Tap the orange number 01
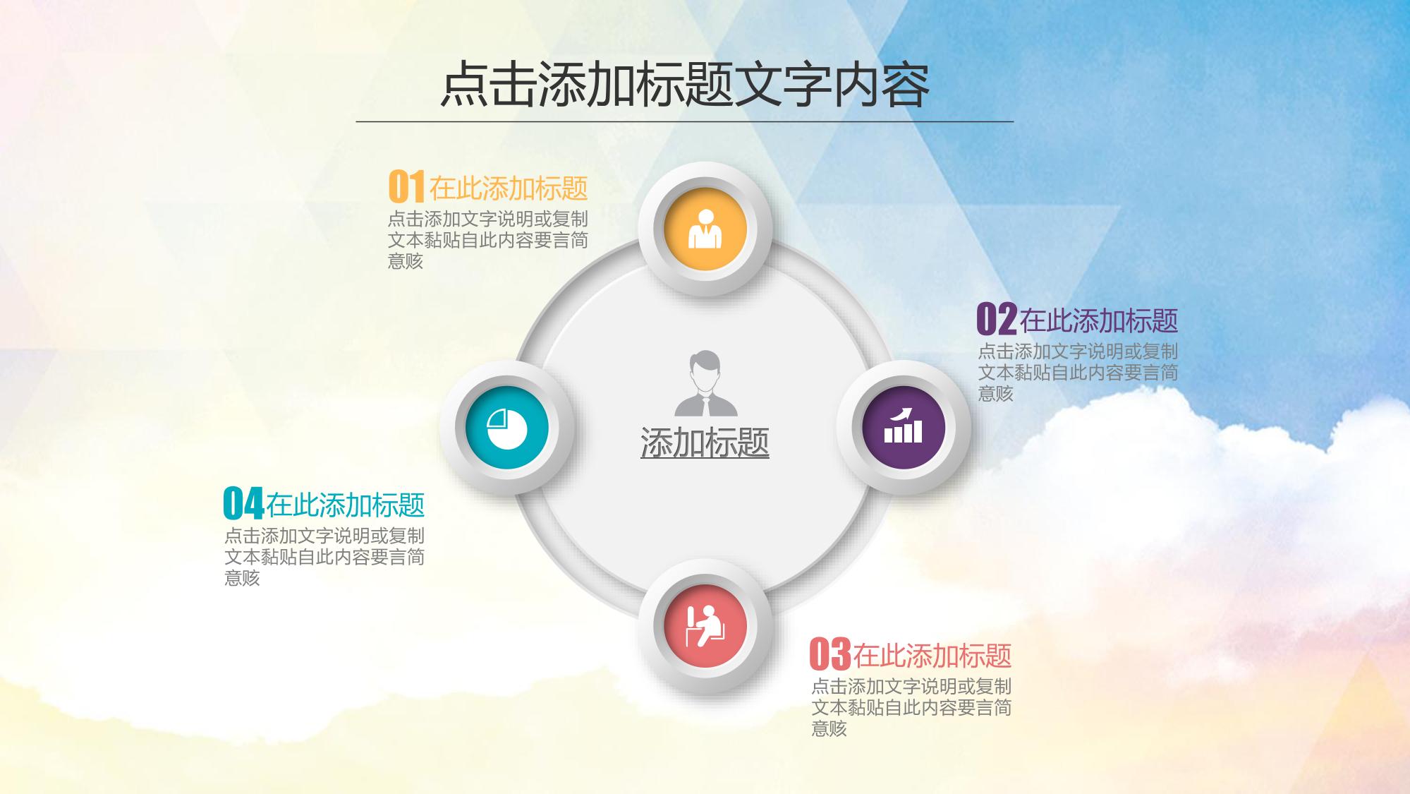tap(407, 187)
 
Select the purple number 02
tap(997, 320)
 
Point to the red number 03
tap(830, 654)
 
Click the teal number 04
tap(243, 503)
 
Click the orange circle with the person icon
tap(705, 229)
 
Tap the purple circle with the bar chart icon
tap(904, 428)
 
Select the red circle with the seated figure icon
tap(705, 626)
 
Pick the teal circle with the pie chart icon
tap(507, 428)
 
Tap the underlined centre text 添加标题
tap(705, 443)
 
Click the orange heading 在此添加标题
tap(509, 188)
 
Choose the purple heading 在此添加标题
tap(1099, 321)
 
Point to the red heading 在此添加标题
tap(932, 656)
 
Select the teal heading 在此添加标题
tap(346, 505)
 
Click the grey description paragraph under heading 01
tap(488, 240)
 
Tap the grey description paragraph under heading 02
tap(1078, 373)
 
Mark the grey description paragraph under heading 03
tap(911, 707)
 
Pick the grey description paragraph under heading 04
tap(324, 557)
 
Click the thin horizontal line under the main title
tap(685, 121)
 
